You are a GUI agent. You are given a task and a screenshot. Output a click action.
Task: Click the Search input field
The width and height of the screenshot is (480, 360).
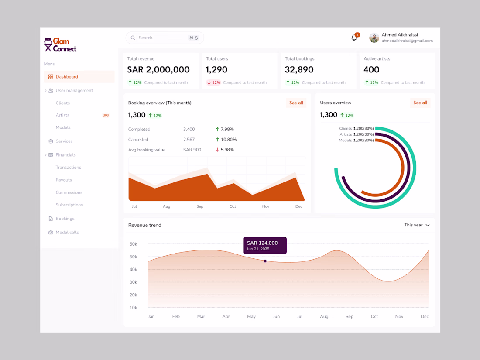coord(165,38)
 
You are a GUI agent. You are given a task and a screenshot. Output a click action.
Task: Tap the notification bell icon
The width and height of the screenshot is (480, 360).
coord(354,38)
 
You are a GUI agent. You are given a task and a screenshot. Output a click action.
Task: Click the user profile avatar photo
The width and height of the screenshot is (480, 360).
coord(374,38)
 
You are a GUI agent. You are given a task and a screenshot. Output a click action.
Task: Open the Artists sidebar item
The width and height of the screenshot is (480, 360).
coord(62,115)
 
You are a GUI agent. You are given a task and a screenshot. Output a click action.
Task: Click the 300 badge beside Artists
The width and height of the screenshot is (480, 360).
coord(106,115)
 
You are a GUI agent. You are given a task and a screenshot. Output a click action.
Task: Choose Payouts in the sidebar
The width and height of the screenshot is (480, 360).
coord(64,180)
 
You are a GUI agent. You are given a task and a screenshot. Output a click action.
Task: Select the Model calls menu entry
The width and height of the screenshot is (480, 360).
coord(67,232)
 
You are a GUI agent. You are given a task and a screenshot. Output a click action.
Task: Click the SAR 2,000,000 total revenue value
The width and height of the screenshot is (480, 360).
coord(158,70)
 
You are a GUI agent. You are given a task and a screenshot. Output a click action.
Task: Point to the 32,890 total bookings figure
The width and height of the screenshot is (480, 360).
coord(299,70)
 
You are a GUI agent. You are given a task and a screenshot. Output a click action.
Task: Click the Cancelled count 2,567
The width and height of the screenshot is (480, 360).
coord(189,140)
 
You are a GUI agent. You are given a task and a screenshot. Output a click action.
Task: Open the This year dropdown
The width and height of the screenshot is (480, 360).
coord(417,225)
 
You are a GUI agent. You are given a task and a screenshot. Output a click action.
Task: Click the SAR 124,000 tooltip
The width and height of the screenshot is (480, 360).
coord(265,245)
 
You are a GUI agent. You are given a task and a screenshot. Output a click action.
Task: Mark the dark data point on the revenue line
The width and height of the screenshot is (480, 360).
coord(265,261)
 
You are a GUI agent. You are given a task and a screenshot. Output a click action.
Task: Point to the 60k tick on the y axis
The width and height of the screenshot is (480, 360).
coord(133,244)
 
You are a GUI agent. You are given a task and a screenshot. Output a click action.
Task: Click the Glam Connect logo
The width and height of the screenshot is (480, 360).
coord(60,45)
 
